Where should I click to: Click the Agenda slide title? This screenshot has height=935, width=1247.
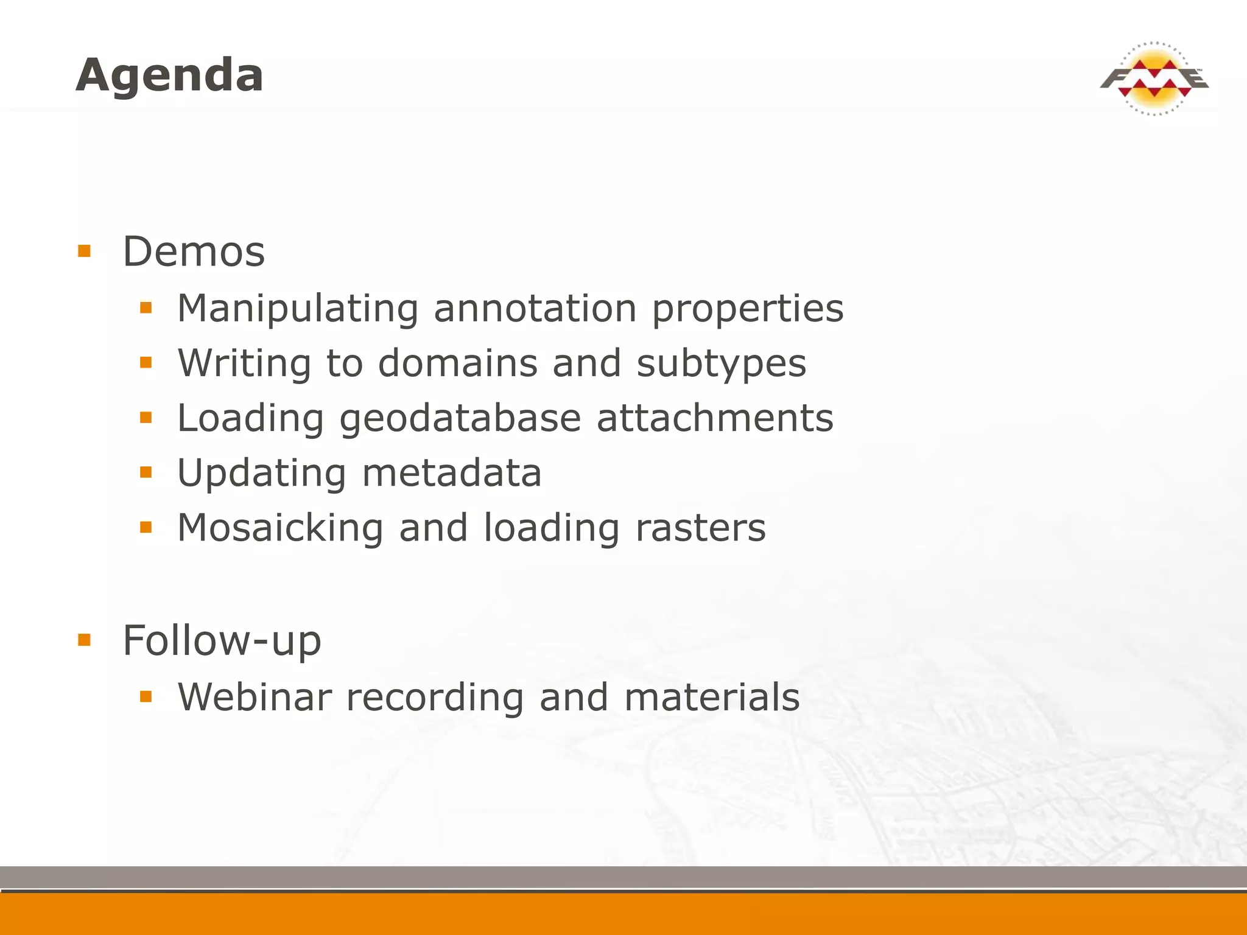[x=169, y=75]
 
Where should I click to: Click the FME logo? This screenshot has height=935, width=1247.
[x=1154, y=79]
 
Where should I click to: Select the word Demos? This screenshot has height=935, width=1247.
[x=194, y=251]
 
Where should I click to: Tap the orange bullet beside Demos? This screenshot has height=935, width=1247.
[x=85, y=251]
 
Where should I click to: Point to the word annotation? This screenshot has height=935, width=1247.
[x=535, y=309]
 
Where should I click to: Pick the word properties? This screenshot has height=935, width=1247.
[x=748, y=309]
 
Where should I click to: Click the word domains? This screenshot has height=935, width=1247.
[x=457, y=363]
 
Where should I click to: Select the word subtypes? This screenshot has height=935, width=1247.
[x=721, y=363]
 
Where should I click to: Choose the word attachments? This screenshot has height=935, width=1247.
[x=715, y=418]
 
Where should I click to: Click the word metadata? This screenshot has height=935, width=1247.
[x=451, y=473]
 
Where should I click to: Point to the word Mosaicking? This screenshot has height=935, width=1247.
[x=280, y=528]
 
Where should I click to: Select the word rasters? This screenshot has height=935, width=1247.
[x=700, y=528]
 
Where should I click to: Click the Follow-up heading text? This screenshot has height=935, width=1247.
[x=222, y=640]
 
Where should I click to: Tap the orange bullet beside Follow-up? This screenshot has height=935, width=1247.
[x=85, y=640]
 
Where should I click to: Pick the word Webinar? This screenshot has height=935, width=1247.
[x=255, y=697]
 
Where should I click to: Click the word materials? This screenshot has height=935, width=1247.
[x=712, y=697]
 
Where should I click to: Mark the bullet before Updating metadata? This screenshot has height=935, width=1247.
[x=146, y=472]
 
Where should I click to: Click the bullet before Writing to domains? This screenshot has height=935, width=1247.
[x=146, y=363]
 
